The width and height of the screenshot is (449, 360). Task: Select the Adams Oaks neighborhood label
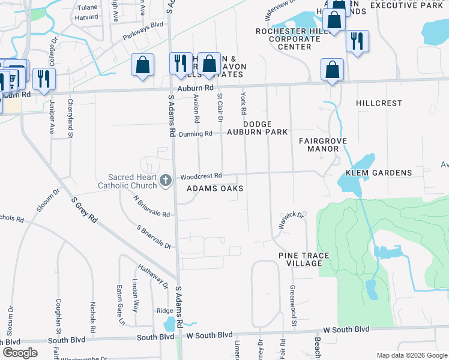coord(215,188)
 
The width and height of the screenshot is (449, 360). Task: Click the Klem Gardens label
coord(378,173)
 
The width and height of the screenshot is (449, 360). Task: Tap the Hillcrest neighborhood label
coord(379,103)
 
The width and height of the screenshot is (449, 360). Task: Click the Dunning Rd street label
coord(196,134)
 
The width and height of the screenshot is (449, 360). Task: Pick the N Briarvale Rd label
coord(152,207)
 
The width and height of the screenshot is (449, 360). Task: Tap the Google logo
coord(20,352)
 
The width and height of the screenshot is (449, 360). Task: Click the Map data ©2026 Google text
coord(411,355)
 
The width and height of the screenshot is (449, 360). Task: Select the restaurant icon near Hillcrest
coord(357,41)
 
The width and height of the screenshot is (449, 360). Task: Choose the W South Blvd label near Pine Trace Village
coord(346,329)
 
